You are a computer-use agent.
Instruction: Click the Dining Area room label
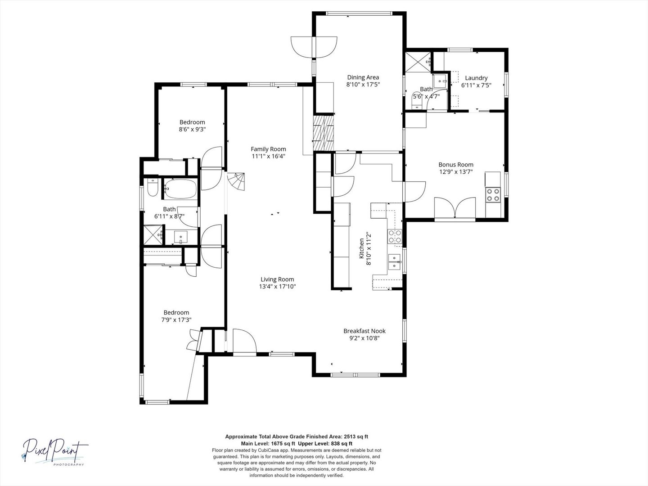[x=363, y=77]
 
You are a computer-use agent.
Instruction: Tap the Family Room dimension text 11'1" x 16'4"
[x=268, y=157]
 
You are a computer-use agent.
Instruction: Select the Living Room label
[x=277, y=279]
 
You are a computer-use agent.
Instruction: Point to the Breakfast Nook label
[x=364, y=331]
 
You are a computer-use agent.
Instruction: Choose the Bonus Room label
[x=456, y=165]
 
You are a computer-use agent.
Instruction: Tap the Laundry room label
[x=476, y=78]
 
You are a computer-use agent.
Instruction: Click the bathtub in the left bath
[x=180, y=189]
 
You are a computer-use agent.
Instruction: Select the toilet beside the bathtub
[x=152, y=189]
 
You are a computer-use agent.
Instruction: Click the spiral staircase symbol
[x=237, y=182]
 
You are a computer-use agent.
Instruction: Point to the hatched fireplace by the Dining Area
[x=324, y=133]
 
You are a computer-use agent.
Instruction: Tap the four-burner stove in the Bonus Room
[x=493, y=194]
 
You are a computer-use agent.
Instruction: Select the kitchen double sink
[x=395, y=261]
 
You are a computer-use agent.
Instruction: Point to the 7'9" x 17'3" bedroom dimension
[x=176, y=320]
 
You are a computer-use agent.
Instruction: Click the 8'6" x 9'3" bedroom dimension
[x=192, y=130]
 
